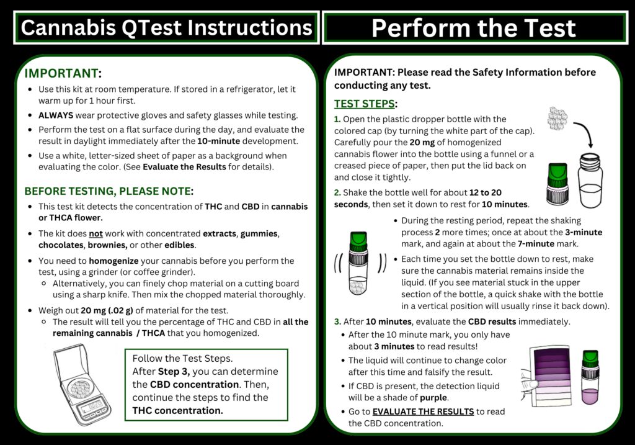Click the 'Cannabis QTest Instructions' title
coord(166,27)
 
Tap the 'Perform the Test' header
coord(474,28)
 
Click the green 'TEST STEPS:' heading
coord(365,104)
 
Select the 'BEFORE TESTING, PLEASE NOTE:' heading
coord(109,191)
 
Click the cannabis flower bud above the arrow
coord(559,116)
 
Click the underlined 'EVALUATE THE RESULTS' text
coord(423,411)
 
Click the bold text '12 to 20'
coord(486,193)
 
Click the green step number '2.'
coord(337,193)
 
